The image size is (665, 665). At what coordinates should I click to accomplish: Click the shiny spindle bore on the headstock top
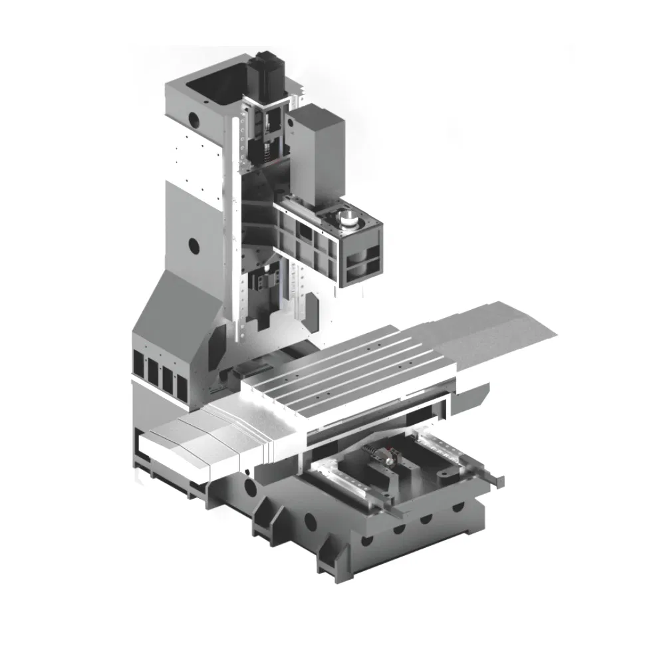pos(348,217)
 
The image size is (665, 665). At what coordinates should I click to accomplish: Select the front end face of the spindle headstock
pos(362,257)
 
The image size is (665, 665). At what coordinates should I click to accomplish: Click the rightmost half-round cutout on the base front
pos(458,507)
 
